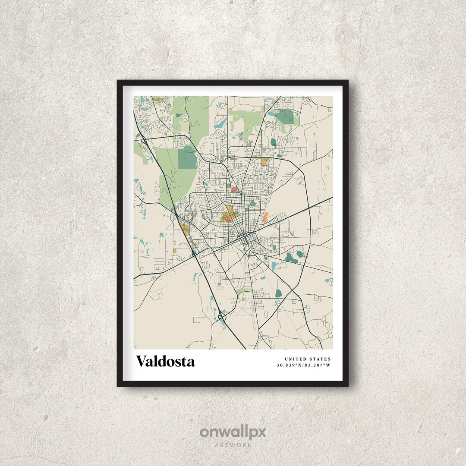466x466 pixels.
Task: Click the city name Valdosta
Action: coord(165,361)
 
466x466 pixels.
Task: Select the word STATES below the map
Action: coord(320,359)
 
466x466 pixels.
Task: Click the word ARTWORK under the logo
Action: coord(233,445)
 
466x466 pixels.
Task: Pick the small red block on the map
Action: coord(234,189)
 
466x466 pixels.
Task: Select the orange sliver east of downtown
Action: coord(265,217)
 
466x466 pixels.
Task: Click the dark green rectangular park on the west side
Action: coord(187,157)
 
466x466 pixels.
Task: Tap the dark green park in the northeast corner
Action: coord(286,116)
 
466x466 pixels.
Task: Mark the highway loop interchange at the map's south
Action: coord(222,318)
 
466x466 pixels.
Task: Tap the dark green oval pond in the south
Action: coord(278,293)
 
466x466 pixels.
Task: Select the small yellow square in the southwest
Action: coord(175,251)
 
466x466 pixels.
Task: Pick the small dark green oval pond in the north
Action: coord(273,142)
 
